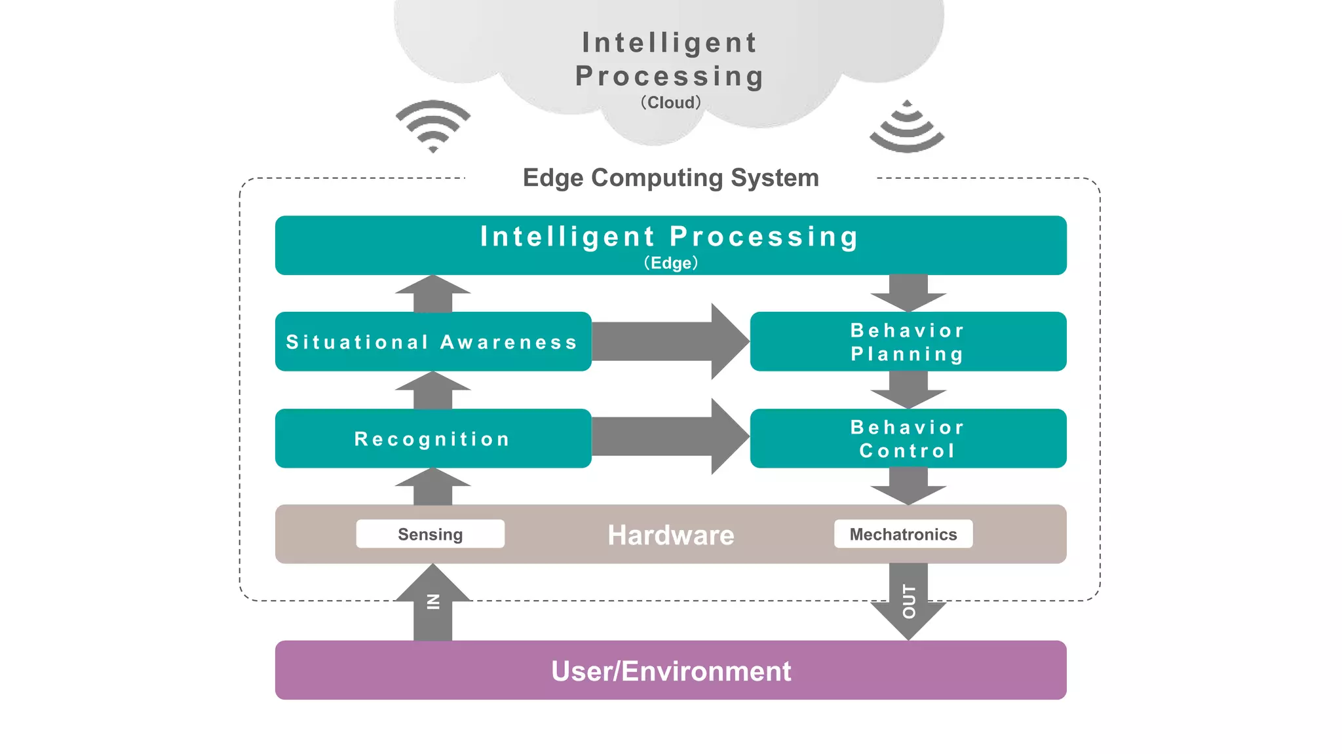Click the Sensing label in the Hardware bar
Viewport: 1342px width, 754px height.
click(430, 534)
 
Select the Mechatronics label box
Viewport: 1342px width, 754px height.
click(903, 534)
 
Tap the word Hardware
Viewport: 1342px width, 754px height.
click(670, 535)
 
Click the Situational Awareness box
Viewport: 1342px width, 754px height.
click(432, 341)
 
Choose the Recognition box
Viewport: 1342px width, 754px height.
click(432, 438)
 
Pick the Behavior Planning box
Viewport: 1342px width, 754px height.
click(908, 341)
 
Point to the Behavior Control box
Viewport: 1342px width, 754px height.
click(908, 438)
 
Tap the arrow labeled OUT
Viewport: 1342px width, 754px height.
click(908, 603)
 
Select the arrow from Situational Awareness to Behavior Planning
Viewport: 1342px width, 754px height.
click(668, 341)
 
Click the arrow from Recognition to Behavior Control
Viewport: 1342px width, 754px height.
click(668, 437)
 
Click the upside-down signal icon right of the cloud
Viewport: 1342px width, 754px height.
click(907, 128)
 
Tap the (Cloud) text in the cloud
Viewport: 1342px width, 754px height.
click(670, 103)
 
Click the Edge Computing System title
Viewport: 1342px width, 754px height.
click(670, 178)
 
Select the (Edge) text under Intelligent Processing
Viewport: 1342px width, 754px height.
click(670, 263)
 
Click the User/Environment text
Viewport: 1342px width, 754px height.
click(670, 671)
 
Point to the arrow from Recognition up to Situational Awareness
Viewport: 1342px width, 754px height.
click(432, 391)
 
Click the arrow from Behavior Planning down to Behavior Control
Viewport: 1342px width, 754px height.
click(908, 389)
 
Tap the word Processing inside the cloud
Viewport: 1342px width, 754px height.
click(669, 76)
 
